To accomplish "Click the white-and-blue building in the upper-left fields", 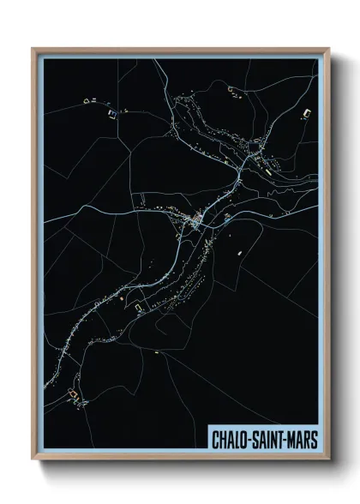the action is coord(111,111).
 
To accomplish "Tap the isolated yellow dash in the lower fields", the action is coord(158,351).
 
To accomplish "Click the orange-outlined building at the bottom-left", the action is coord(74,395).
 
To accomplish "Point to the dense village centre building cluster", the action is coord(196,224).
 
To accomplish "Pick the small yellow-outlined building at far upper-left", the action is coord(86,102).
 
